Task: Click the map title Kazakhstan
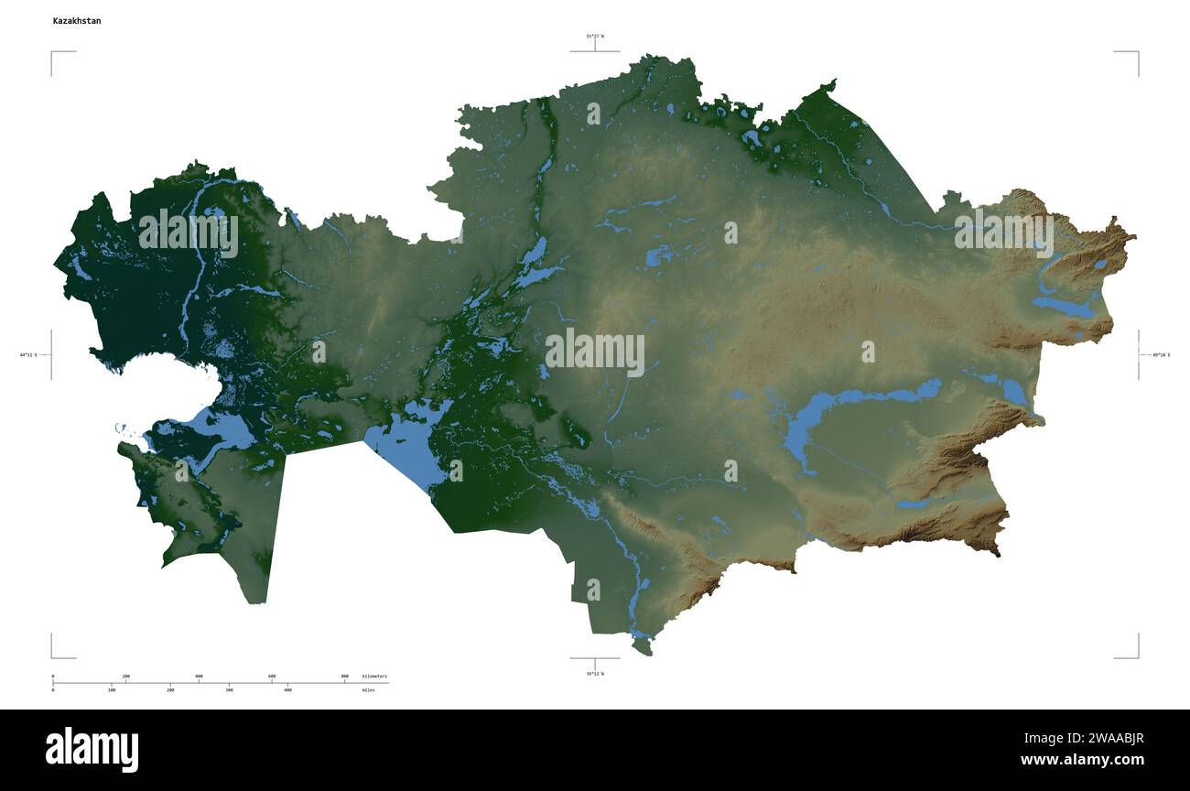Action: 77,20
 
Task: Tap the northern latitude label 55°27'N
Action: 595,37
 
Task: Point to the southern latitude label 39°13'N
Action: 595,674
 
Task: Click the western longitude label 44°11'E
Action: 28,354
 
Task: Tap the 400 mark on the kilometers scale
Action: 199,677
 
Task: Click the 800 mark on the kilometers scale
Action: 344,677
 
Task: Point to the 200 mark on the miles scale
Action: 170,689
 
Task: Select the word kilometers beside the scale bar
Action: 374,677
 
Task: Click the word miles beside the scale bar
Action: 368,689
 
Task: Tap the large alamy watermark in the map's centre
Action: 595,352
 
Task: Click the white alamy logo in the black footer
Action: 92,749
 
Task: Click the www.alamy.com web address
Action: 1082,760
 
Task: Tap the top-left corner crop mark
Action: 52,52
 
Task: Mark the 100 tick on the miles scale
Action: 112,689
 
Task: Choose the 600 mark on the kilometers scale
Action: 272,677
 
